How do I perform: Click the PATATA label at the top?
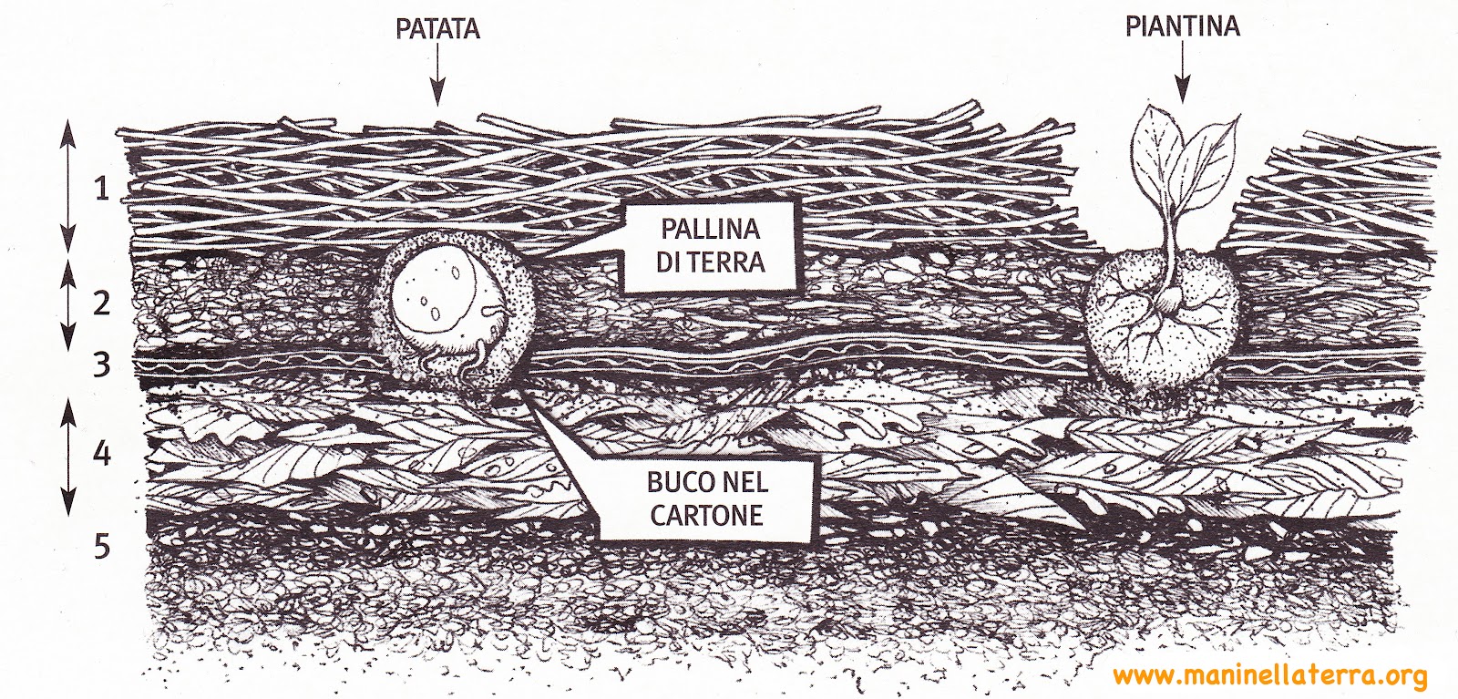[437, 29]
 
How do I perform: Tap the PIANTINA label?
[1182, 26]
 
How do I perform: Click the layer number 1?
[102, 189]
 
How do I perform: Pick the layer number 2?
[102, 303]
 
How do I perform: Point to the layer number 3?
[102, 365]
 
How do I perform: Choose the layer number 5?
[102, 546]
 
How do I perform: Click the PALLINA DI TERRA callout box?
[710, 246]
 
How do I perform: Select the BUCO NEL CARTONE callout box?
[706, 497]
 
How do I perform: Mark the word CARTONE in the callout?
[706, 515]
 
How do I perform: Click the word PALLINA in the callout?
[711, 228]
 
